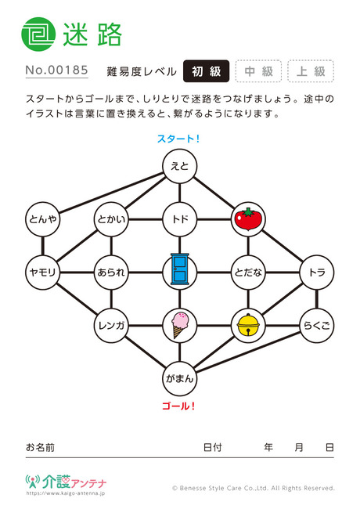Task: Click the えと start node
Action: (180, 167)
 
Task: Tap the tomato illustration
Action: (248, 219)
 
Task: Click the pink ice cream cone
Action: (180, 325)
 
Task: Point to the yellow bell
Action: (248, 325)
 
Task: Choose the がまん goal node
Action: (180, 378)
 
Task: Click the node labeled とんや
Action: (43, 219)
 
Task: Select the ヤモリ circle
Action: (43, 272)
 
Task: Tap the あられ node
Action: (111, 272)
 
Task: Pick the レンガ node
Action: (111, 325)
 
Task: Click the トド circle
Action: (180, 219)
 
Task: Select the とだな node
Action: (248, 272)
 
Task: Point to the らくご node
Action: (316, 325)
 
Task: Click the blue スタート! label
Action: (178, 139)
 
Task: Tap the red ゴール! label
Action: (178, 406)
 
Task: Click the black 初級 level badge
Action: (207, 71)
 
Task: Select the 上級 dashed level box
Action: (311, 71)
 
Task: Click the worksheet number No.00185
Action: (57, 70)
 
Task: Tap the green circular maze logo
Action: (38, 34)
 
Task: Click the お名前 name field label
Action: (40, 447)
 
